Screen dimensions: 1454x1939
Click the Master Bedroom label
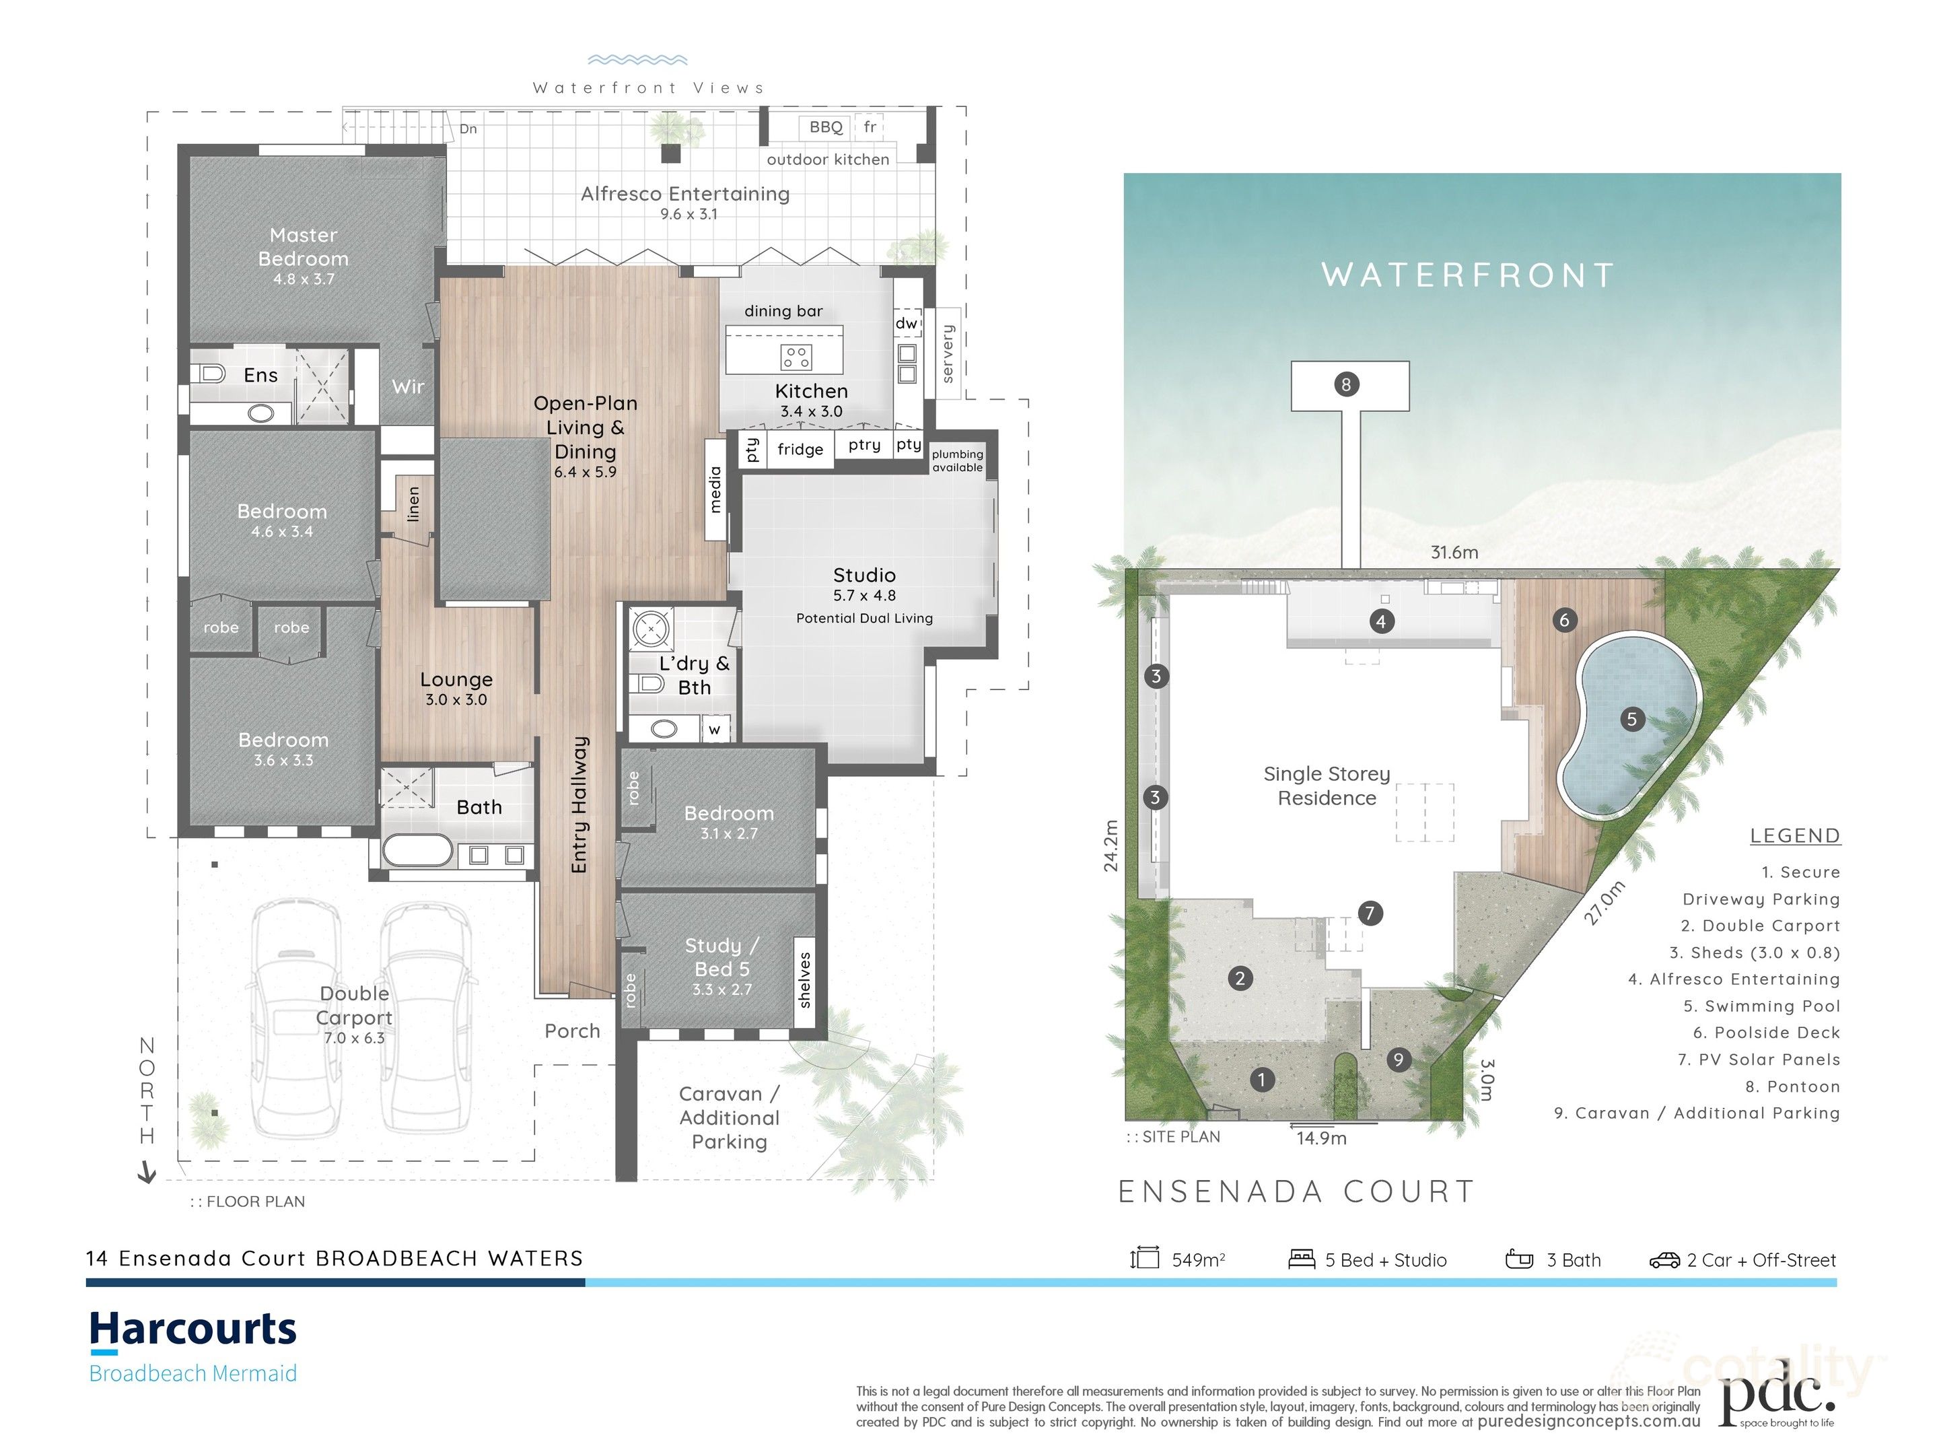(304, 247)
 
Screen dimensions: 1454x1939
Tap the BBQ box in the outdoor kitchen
(825, 128)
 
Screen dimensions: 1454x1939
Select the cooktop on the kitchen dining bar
(796, 357)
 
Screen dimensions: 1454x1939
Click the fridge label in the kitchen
(800, 450)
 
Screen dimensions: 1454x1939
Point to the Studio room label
(863, 576)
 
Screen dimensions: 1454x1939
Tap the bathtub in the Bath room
(418, 851)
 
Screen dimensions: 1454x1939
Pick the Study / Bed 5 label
(721, 958)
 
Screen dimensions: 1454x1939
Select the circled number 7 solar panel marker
(1370, 913)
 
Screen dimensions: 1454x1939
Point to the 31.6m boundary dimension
(1454, 553)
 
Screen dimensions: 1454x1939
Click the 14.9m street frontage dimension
(1321, 1139)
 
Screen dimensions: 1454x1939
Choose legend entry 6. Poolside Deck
(1765, 1033)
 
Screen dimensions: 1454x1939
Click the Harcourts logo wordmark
(193, 1329)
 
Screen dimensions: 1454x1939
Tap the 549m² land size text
(1197, 1260)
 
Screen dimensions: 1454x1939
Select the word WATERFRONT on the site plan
(1467, 275)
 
